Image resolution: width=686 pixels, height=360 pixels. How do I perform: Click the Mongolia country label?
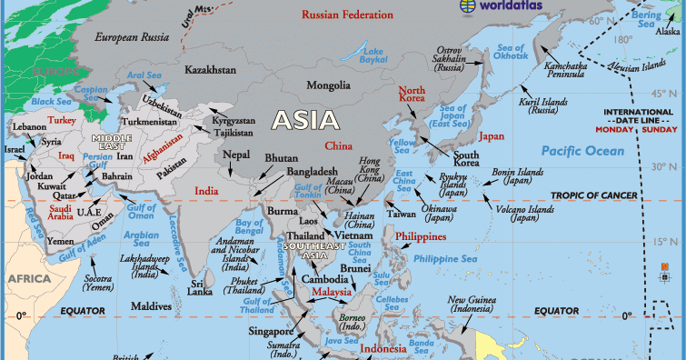pos(328,86)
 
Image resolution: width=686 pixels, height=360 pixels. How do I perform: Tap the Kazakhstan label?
pos(210,69)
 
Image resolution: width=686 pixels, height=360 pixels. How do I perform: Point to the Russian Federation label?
pos(347,15)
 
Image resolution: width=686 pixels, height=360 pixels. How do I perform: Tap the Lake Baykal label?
pos(374,54)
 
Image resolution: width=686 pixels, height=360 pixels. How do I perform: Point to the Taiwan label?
pos(401,214)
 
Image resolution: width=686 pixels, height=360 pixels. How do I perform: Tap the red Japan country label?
pos(492,136)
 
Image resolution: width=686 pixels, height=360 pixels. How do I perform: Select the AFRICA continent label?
pos(29,278)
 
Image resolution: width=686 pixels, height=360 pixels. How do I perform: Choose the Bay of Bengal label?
pos(249,227)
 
